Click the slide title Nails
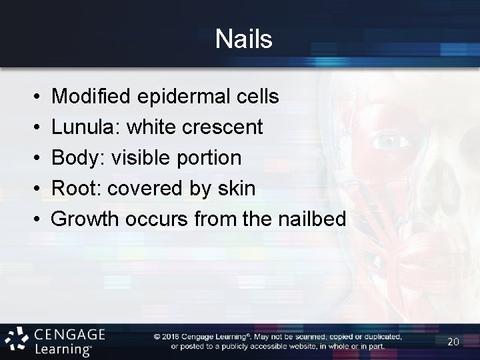[x=244, y=39]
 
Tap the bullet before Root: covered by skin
[x=33, y=189]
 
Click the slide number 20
[x=453, y=341]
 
